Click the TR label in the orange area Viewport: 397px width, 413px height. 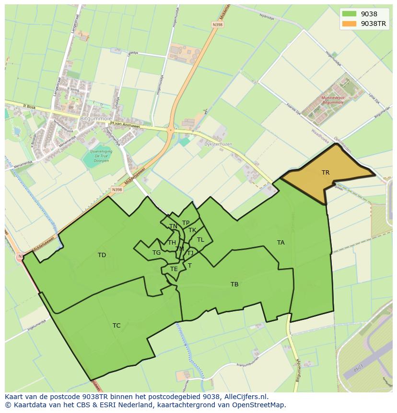(x=326, y=173)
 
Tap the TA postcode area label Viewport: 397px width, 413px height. (x=280, y=243)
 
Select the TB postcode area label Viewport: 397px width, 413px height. (x=234, y=284)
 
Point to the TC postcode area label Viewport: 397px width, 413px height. (x=117, y=326)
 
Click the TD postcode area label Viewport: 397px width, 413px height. (x=102, y=255)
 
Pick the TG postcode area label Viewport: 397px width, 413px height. (x=156, y=253)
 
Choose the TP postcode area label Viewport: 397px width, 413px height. (x=186, y=223)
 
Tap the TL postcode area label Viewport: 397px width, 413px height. (x=200, y=240)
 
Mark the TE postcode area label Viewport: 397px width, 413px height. (x=174, y=269)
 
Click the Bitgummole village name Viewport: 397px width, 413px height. (x=96, y=118)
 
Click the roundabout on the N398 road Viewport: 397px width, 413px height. (x=170, y=130)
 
